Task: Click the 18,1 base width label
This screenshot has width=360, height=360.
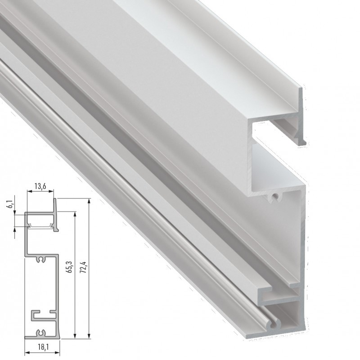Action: [40, 348]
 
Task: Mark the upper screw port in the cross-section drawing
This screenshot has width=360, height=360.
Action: [41, 260]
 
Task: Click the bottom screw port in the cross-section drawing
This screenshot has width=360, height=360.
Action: [41, 333]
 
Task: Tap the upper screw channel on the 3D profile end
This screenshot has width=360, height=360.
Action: [273, 197]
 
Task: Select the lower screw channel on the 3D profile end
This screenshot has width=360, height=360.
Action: [274, 322]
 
